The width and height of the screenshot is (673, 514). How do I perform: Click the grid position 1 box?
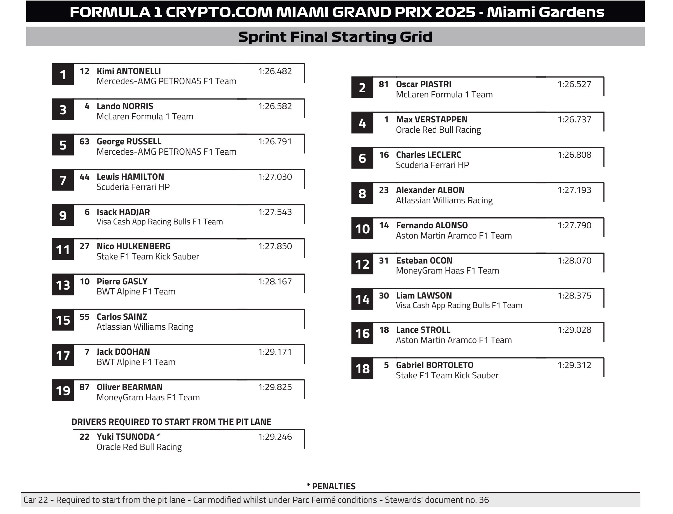(x=63, y=74)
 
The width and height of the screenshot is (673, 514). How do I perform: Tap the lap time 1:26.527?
(x=574, y=84)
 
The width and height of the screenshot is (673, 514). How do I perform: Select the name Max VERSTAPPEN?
(x=432, y=119)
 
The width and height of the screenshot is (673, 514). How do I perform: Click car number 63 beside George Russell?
(x=84, y=141)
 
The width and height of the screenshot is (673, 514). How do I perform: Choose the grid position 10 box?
(x=362, y=229)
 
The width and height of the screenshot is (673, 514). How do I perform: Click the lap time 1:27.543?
(x=275, y=212)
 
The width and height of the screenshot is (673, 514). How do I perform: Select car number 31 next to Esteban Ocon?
(x=384, y=260)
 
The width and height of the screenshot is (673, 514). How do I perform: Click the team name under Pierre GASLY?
(x=136, y=291)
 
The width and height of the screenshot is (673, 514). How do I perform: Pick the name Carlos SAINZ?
(x=122, y=316)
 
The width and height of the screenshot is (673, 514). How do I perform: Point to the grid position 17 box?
(x=63, y=355)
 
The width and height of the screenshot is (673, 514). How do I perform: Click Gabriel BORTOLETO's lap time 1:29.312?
(x=574, y=365)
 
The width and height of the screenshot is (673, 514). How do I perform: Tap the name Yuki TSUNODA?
(x=126, y=437)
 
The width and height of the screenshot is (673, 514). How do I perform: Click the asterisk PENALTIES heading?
(x=331, y=486)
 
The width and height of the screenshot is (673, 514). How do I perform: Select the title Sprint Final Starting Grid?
(x=335, y=37)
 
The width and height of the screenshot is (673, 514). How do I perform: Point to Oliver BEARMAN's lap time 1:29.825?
(x=275, y=387)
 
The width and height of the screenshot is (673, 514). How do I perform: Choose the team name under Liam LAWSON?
(x=459, y=305)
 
